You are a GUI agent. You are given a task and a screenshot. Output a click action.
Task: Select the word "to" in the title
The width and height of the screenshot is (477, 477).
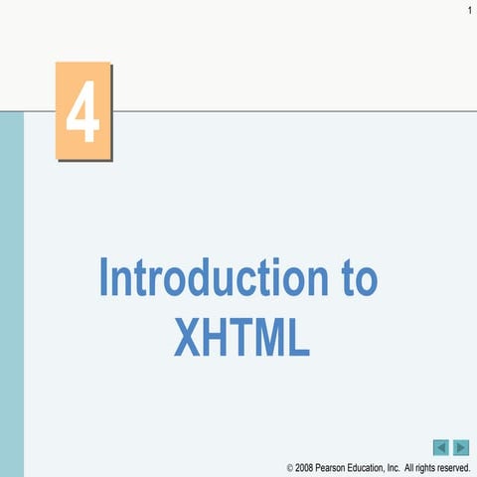click(354, 280)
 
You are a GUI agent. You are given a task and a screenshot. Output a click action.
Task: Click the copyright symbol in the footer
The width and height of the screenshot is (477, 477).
click(290, 467)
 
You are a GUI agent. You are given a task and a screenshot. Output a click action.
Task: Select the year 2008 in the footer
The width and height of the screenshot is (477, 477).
click(305, 467)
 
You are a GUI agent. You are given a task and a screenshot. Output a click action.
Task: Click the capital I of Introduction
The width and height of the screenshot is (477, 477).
click(104, 279)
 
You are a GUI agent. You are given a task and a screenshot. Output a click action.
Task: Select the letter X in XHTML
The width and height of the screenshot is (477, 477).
click(188, 337)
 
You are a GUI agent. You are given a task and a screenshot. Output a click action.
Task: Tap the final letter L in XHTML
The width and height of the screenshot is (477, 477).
click(298, 337)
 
